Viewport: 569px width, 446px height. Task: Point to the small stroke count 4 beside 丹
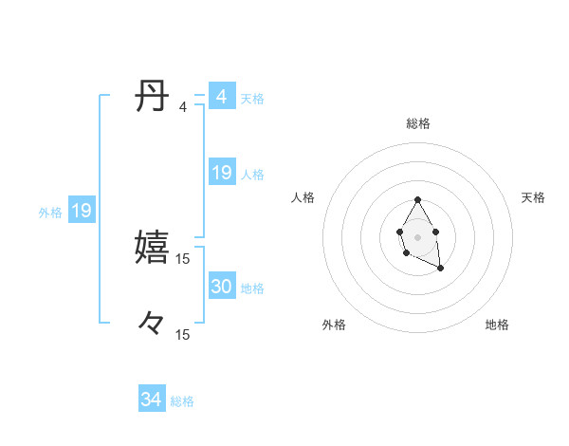coord(182,107)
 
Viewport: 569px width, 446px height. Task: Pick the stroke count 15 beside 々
coord(182,334)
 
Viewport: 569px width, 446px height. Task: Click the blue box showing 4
coord(221,97)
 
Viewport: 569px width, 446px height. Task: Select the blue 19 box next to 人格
coord(221,173)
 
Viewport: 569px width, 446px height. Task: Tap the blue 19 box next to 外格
coord(81,212)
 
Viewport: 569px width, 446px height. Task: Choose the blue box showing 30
coord(221,287)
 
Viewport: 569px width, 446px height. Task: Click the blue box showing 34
coord(151,400)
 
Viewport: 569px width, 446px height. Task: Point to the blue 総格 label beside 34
coord(182,401)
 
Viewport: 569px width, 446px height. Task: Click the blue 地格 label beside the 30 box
coord(252,288)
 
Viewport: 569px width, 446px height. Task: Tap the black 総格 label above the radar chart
coord(418,123)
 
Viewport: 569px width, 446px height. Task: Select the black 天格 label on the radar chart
coord(533,197)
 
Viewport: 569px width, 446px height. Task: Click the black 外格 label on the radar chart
coord(334,325)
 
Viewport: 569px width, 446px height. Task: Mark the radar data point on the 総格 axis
coord(417,200)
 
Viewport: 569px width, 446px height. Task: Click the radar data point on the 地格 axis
coord(441,269)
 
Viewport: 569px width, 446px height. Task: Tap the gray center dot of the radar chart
coord(417,236)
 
